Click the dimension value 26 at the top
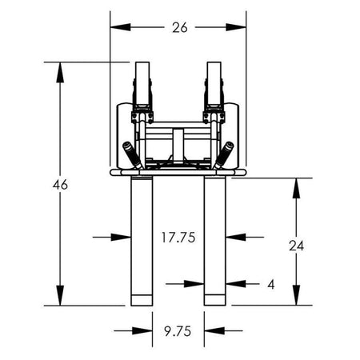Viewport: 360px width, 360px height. [x=180, y=27]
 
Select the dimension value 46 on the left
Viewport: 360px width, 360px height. [x=60, y=185]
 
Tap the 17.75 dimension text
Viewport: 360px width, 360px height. [x=178, y=237]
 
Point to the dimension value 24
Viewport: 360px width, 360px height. [x=296, y=246]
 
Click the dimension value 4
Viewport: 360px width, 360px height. [x=271, y=285]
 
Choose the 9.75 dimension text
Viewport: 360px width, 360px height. [x=178, y=331]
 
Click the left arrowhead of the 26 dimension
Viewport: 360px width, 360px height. [x=120, y=27]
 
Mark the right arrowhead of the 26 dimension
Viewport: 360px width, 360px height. [x=236, y=27]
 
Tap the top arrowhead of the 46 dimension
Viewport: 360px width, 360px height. [x=60, y=73]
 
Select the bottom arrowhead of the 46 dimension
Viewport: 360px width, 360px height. [x=60, y=295]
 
